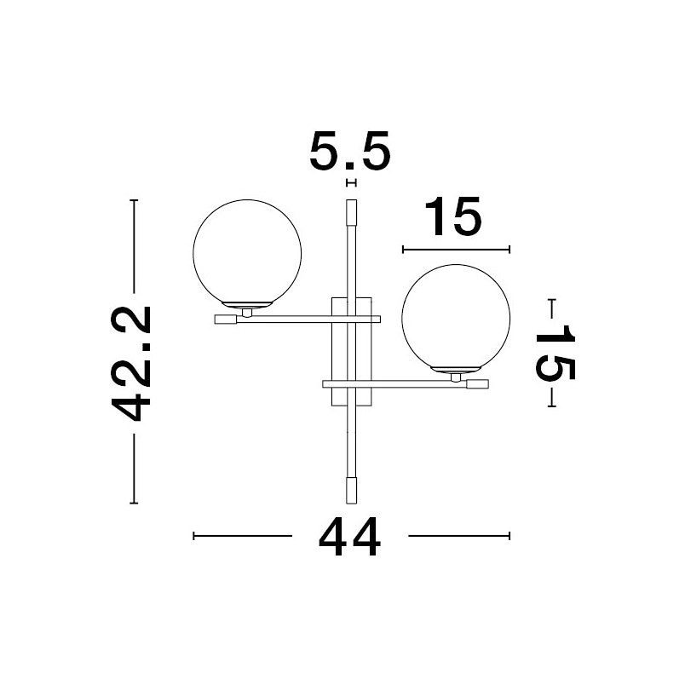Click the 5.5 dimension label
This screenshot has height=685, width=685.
click(350, 151)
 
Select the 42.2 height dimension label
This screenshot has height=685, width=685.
click(131, 364)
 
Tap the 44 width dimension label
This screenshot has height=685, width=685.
click(349, 536)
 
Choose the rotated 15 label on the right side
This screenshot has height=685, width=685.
click(555, 352)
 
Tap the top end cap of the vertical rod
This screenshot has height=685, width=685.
click(351, 212)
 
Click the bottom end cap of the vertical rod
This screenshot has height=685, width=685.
click(351, 491)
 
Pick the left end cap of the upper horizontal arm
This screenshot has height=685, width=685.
click(226, 319)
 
